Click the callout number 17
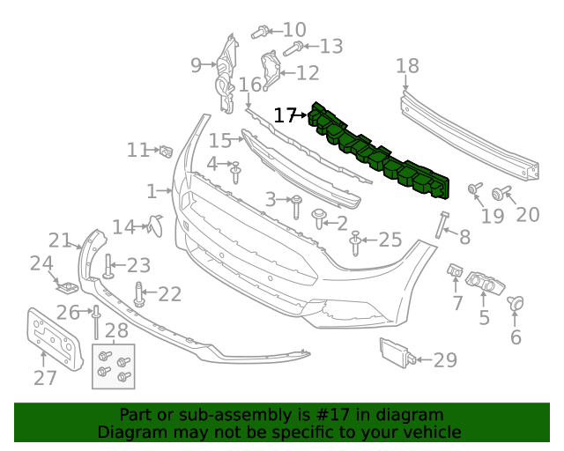point(285,115)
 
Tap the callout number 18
point(407,66)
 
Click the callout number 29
point(446,359)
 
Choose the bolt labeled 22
point(138,293)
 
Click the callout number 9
point(196,63)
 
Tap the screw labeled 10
point(260,33)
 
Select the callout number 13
point(330,46)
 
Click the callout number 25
point(389,239)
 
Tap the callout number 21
point(59,240)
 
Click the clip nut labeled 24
point(64,285)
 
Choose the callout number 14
point(122,227)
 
